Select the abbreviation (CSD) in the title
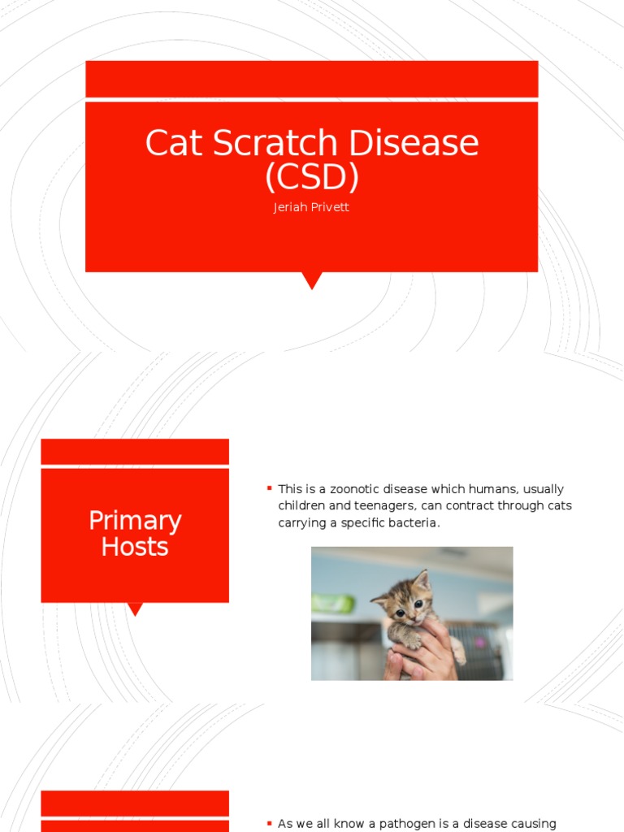312,175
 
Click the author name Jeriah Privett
312,207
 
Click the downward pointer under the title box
312,280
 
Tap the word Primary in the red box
135,520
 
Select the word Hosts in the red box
135,547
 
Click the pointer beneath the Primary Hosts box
135,609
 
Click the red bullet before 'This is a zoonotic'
269,487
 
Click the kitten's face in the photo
409,605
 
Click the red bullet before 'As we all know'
269,822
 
